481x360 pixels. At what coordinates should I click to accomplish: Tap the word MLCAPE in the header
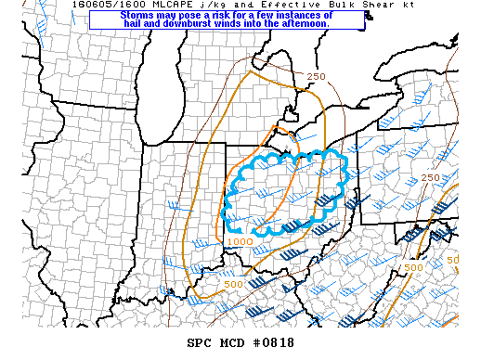click(152, 5)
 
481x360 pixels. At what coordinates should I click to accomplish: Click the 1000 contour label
click(239, 241)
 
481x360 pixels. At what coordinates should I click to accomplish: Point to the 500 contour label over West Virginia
click(413, 267)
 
